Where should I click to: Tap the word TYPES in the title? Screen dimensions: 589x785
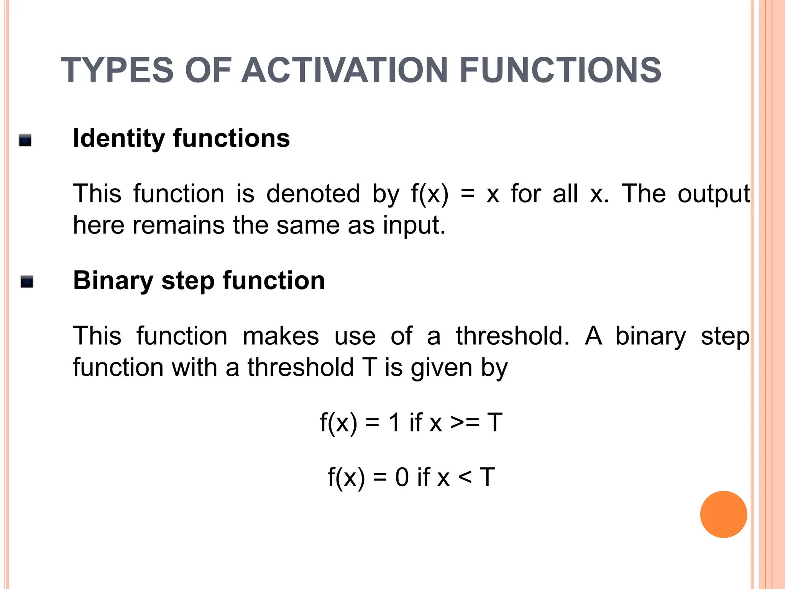117,70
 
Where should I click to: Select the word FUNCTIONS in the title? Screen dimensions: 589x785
560,70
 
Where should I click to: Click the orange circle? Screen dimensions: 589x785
723,514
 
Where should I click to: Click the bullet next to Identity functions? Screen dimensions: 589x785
25,140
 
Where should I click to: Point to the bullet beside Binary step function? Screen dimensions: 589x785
27,282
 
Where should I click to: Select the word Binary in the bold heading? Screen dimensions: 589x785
113,281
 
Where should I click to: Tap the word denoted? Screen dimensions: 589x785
313,194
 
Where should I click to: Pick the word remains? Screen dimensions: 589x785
179,225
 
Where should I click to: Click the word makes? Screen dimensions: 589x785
281,336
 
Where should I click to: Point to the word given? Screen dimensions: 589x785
441,368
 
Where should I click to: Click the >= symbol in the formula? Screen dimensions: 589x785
465,423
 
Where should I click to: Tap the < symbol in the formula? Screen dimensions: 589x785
465,478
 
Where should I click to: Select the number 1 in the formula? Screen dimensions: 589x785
394,423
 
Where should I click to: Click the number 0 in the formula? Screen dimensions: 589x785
402,478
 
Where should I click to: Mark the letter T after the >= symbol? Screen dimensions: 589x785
494,423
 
